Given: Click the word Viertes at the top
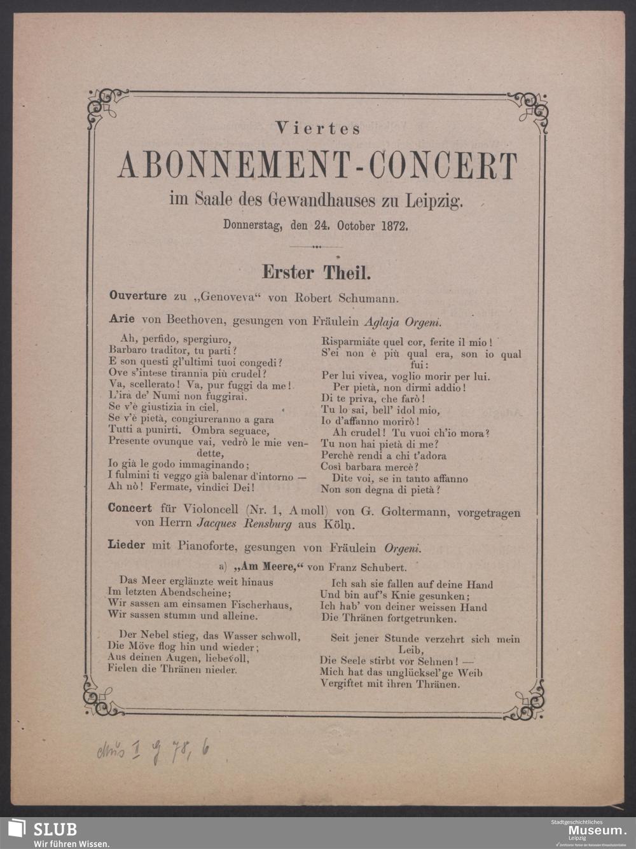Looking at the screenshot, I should point(319,128).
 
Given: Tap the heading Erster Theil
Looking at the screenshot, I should point(317,273).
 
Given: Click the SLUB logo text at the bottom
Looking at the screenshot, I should point(55,829).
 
